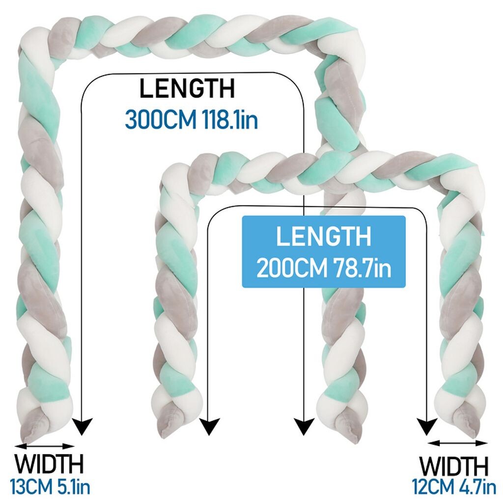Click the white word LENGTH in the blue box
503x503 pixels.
(x=323, y=237)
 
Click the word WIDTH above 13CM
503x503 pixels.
(x=49, y=464)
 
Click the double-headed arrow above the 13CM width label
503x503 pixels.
(x=44, y=447)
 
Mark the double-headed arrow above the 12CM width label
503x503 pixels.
(x=457, y=444)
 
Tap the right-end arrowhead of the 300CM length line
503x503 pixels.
(x=305, y=425)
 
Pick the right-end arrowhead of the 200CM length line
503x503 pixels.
(x=426, y=425)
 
